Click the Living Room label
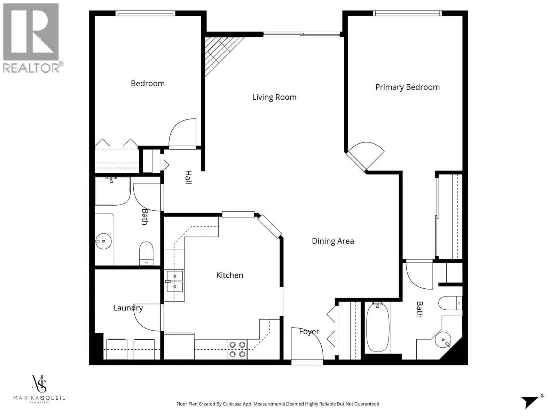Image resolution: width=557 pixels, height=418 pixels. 274,97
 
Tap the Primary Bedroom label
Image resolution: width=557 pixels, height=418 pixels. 407,87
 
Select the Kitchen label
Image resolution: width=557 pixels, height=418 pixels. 229,275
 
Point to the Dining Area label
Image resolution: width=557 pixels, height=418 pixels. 333,241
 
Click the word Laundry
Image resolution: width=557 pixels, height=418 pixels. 128,308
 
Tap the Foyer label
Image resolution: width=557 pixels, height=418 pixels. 309,332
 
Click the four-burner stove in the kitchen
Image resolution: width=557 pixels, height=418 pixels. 237,349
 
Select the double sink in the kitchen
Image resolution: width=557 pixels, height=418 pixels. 174,281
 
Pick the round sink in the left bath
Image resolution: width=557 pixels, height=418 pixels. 103,241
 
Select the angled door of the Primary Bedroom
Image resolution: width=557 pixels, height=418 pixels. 366,155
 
